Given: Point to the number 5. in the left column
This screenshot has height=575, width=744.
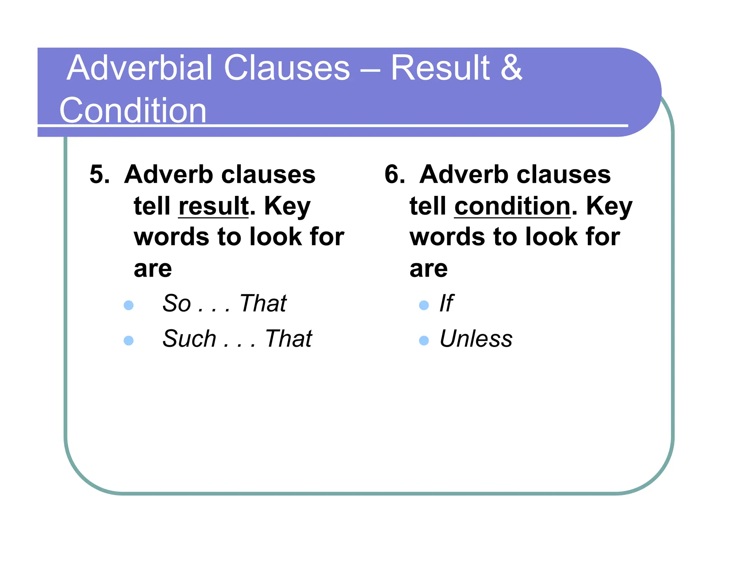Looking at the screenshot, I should (x=100, y=174).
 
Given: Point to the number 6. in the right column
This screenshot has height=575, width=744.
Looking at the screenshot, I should (x=395, y=174).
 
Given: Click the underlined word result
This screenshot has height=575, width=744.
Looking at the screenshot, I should (x=214, y=206).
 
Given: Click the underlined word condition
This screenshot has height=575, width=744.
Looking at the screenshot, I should (x=512, y=206).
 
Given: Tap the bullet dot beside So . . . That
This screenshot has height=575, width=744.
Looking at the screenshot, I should (x=129, y=305).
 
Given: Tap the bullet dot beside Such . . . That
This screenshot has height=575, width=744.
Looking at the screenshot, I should (x=129, y=340).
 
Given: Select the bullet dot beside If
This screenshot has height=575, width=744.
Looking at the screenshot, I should (x=424, y=305).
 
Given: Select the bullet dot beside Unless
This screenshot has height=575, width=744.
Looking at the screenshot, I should (x=424, y=340).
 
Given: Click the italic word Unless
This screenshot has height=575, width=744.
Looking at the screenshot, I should (x=476, y=339).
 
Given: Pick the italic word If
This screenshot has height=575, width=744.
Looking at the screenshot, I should (x=446, y=303).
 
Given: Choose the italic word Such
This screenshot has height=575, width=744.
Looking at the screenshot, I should (x=189, y=339).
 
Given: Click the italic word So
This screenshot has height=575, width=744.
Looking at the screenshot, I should (x=177, y=303).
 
